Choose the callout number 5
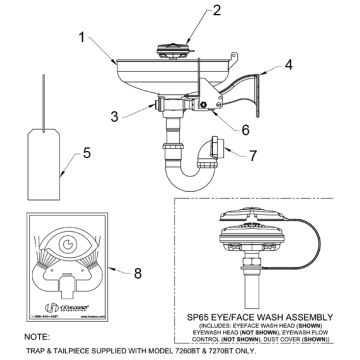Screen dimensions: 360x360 [x=86, y=154]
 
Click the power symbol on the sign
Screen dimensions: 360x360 [x=65, y=243]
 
